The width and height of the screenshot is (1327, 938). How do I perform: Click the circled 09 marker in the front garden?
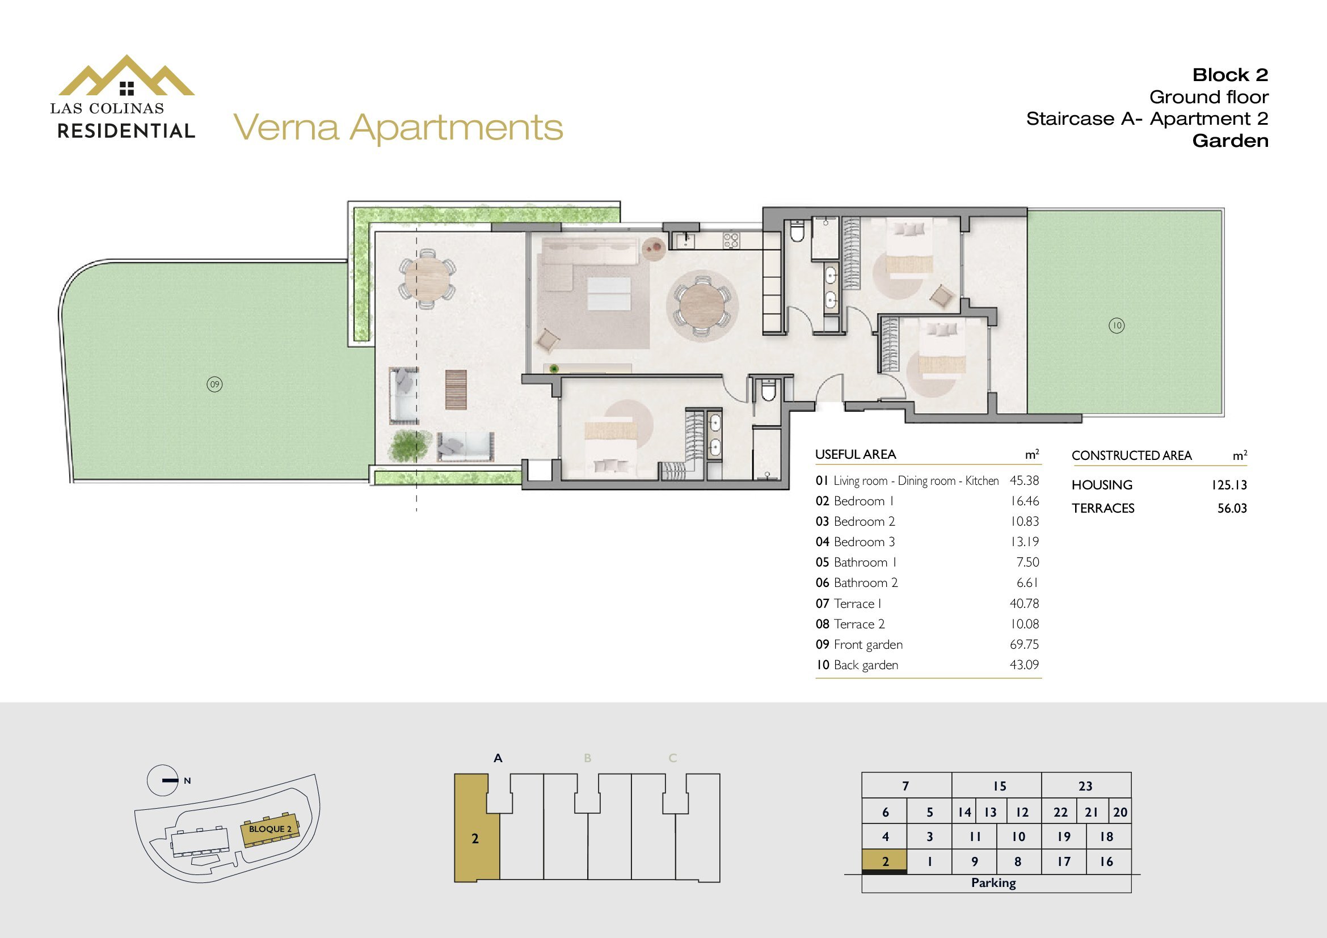click(x=214, y=384)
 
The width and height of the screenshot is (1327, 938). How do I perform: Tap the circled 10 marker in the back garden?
click(x=1117, y=326)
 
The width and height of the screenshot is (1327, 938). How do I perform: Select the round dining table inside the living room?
click(x=702, y=306)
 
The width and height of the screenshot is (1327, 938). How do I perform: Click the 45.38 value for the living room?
click(x=1024, y=480)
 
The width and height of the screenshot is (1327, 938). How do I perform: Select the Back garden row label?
click(x=857, y=665)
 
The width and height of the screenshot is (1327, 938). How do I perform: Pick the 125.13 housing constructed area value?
click(x=1229, y=485)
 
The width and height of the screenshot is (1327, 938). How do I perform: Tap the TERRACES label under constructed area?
click(x=1103, y=508)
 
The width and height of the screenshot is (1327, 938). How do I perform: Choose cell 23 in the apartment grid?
click(x=1086, y=786)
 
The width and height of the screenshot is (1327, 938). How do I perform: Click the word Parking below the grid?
click(x=993, y=882)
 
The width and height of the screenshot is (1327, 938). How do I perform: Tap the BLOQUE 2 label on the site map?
click(x=271, y=829)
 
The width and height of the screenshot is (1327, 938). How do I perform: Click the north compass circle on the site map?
click(x=162, y=780)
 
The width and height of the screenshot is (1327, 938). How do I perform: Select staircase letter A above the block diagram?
click(x=498, y=758)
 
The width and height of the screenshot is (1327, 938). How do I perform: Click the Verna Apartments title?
click(x=398, y=128)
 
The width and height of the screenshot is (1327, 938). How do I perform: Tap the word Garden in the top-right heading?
click(x=1231, y=141)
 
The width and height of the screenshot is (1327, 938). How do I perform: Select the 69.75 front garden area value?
click(x=1024, y=644)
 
